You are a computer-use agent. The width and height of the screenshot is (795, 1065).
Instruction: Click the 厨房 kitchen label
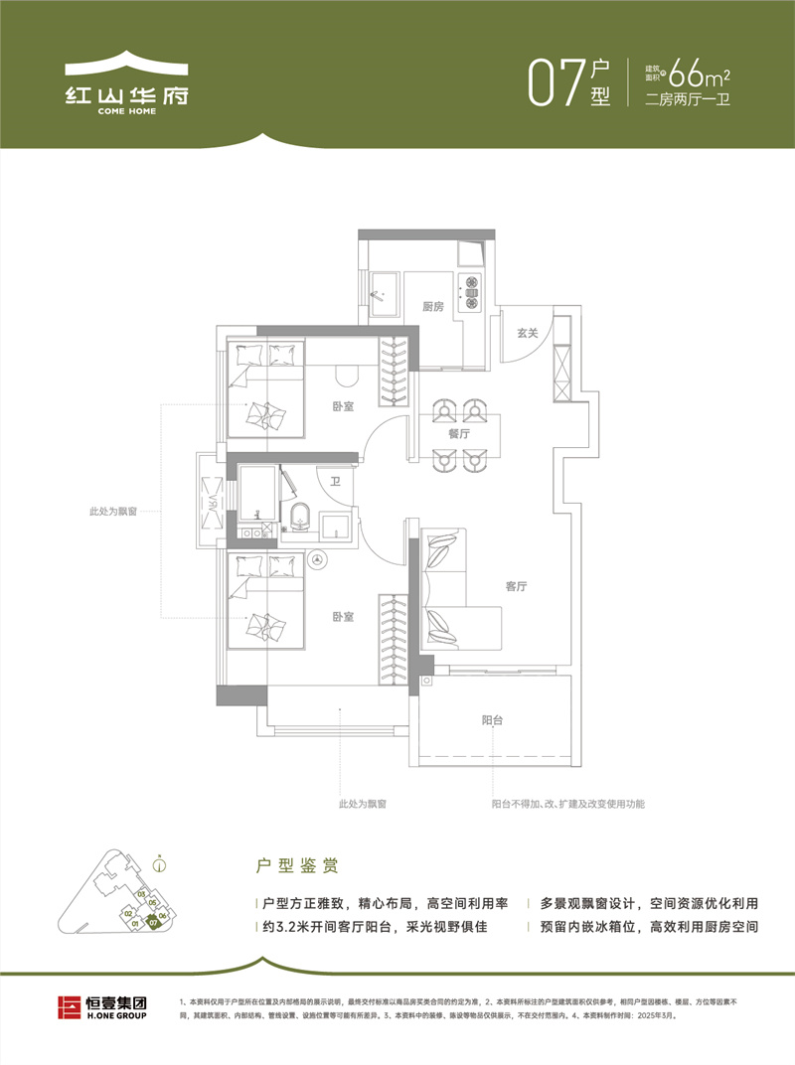431,306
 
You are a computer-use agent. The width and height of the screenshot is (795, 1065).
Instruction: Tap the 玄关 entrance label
527,333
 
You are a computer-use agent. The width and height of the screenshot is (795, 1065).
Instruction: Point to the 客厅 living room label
515,586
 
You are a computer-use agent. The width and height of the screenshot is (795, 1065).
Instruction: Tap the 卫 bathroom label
336,481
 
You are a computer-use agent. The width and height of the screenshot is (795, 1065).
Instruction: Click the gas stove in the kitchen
470,289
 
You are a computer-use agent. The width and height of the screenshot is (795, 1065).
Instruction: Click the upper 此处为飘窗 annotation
112,512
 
